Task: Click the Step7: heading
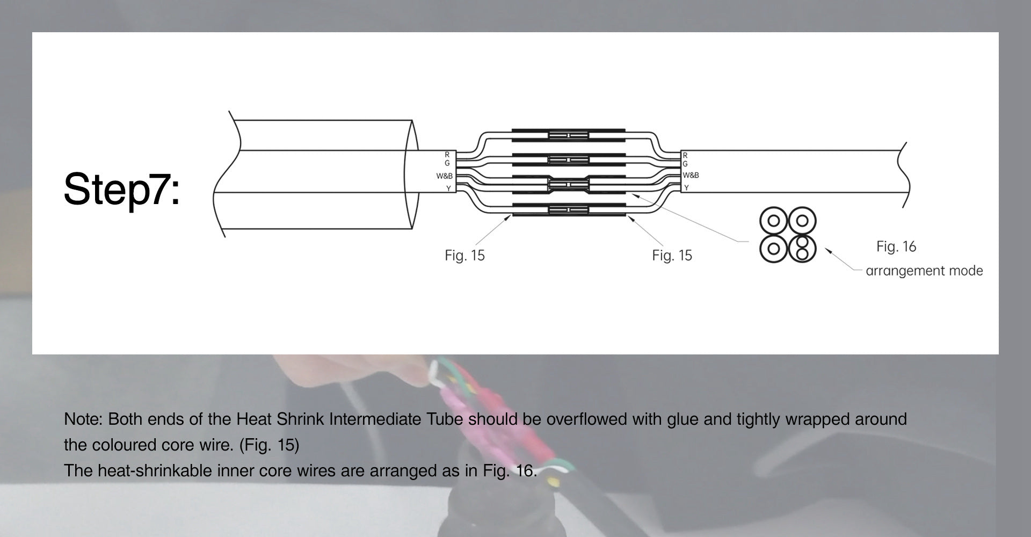122,189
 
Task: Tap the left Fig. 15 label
464,256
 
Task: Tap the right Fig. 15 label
672,256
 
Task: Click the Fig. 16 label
896,246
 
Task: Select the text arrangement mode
924,271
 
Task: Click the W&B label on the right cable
691,176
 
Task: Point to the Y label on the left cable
448,188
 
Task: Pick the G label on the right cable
685,164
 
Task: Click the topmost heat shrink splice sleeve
569,135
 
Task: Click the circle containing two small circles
802,249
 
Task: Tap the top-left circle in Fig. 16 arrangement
774,221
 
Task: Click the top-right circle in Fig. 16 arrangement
802,221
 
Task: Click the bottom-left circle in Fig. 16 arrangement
774,249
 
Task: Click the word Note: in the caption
83,419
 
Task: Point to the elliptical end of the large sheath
411,175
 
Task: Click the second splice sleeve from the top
569,159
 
